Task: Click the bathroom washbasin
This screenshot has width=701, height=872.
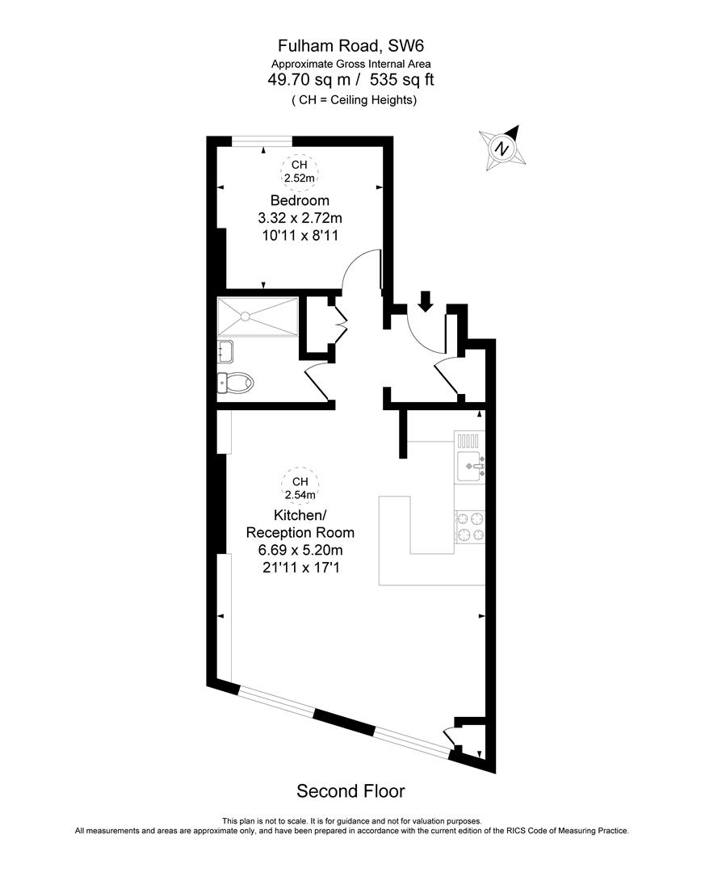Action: tap(225, 351)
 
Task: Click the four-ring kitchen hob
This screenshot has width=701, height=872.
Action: tap(470, 526)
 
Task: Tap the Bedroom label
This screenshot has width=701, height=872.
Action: tap(300, 200)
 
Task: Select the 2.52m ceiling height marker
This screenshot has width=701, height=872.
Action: tap(300, 172)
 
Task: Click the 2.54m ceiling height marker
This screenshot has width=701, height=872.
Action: tap(300, 488)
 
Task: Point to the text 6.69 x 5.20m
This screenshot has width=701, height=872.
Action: tap(300, 550)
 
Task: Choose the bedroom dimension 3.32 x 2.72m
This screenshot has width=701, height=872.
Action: tap(300, 218)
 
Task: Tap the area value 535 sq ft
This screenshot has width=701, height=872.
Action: tap(402, 80)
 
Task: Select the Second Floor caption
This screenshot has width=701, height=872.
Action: tap(350, 790)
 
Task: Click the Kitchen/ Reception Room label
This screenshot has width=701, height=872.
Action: tap(300, 524)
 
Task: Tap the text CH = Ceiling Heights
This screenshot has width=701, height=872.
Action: tap(354, 100)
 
